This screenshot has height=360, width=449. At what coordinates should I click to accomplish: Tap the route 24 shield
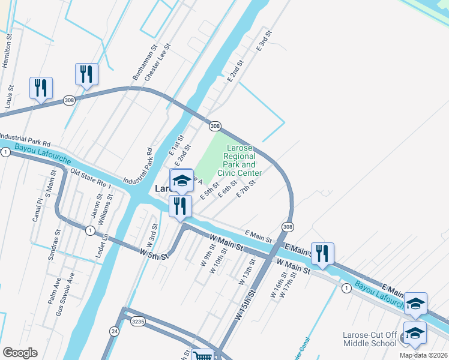(114, 331)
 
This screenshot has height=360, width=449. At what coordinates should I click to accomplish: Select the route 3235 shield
(138, 322)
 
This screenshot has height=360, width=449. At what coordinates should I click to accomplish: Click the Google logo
(20, 352)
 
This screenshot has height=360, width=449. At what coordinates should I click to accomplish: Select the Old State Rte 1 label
(91, 178)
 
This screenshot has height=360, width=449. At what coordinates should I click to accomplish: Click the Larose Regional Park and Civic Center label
(240, 160)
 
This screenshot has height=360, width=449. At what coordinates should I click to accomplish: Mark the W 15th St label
(246, 304)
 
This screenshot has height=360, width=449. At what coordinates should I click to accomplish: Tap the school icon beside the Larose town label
(181, 179)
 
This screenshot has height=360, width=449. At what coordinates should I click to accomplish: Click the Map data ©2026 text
(423, 355)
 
